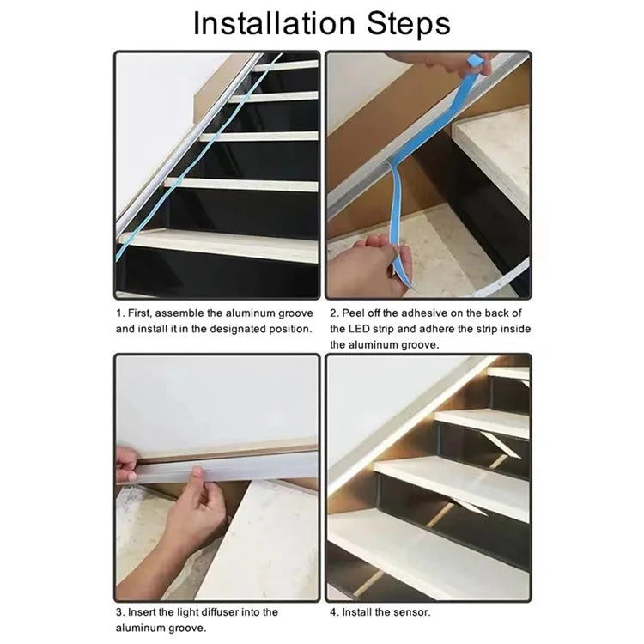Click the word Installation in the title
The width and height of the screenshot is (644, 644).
(274, 23)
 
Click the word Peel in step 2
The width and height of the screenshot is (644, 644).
(352, 313)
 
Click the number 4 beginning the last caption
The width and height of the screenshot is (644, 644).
(333, 612)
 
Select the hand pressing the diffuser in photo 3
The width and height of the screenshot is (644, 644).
(193, 518)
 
